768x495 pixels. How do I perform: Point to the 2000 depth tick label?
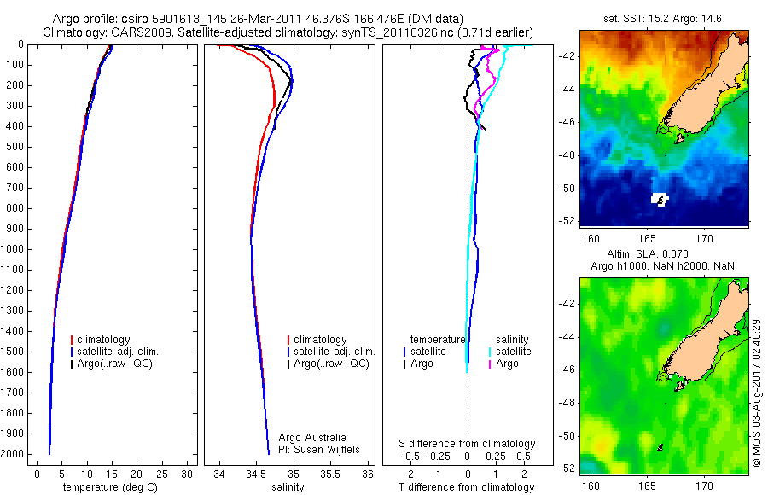tap(14, 455)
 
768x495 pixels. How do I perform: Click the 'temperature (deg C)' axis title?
tap(111, 487)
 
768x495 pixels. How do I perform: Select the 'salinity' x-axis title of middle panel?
tap(287, 487)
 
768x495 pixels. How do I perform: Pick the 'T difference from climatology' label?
tap(467, 487)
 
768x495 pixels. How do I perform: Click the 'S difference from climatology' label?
tap(467, 444)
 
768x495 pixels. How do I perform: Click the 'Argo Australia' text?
tap(313, 438)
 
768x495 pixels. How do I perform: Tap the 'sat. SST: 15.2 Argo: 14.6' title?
tap(663, 18)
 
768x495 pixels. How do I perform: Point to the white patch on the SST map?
tap(660, 199)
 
